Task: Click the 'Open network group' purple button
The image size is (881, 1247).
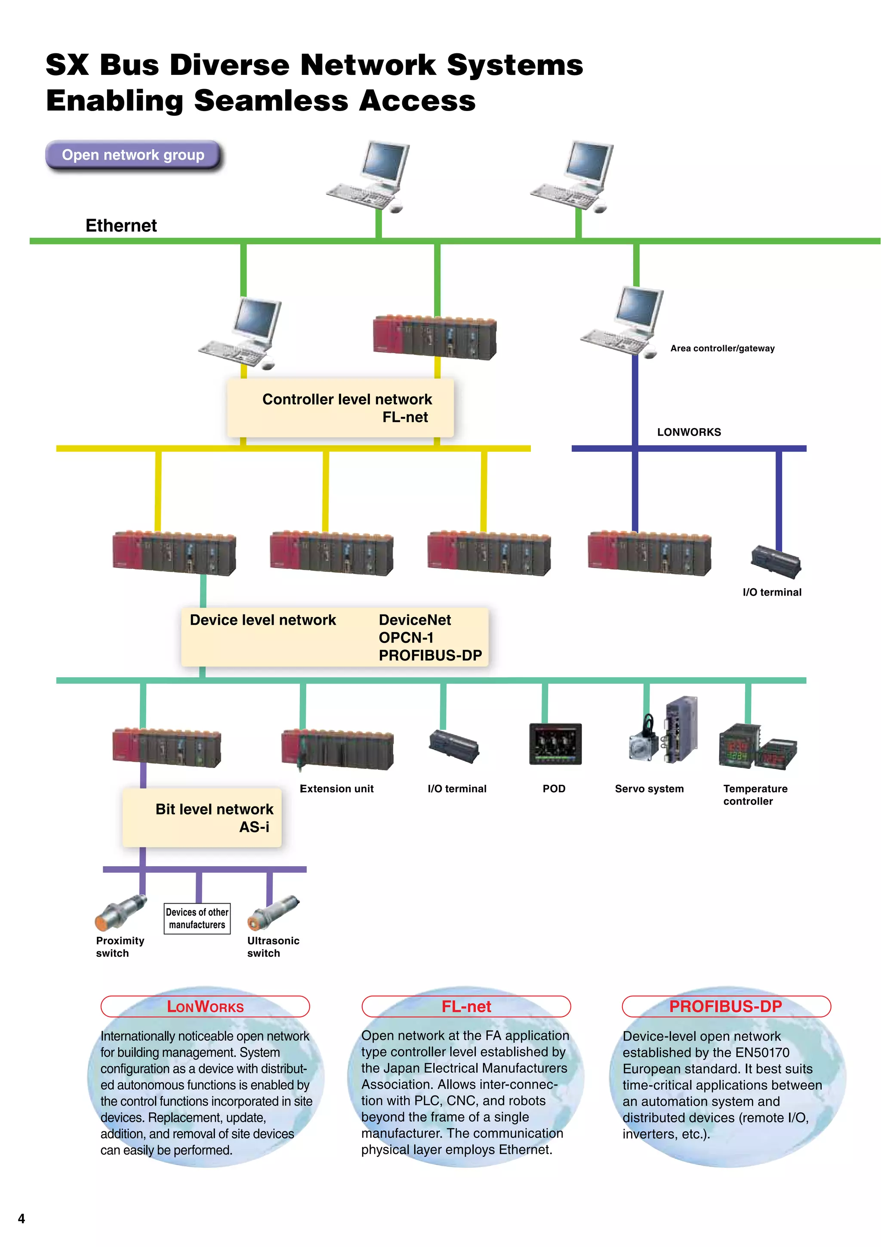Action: (x=133, y=155)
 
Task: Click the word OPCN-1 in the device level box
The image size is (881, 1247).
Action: (x=406, y=638)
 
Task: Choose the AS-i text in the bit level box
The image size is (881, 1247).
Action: (x=254, y=827)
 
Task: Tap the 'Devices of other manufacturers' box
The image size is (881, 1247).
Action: (x=197, y=918)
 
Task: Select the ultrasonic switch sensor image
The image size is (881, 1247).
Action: (x=274, y=912)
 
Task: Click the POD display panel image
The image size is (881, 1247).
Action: (x=555, y=744)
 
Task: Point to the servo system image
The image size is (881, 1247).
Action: (x=663, y=731)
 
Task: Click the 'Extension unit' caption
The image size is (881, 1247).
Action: (x=336, y=789)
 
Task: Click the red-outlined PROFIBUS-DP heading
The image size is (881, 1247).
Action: (x=726, y=1006)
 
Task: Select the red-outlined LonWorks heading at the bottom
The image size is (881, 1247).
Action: (x=205, y=1006)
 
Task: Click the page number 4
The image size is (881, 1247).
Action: (x=21, y=1218)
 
